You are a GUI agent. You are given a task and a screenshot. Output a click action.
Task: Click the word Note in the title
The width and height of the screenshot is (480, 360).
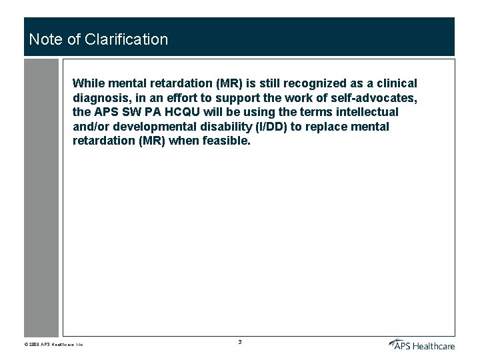[x=43, y=39]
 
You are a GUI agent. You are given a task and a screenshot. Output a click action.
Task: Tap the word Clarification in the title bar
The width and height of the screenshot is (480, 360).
[x=127, y=39]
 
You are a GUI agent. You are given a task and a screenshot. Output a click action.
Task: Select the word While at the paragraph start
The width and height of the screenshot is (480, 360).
[x=89, y=83]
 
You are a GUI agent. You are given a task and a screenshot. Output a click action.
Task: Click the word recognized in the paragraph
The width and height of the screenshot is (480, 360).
[x=313, y=83]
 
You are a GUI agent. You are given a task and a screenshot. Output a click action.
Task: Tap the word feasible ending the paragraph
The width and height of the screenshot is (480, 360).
[x=228, y=141]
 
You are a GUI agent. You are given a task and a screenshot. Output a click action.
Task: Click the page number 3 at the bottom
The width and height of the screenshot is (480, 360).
[x=240, y=342]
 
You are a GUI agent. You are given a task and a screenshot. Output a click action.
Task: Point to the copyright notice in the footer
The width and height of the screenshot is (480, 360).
[x=53, y=345]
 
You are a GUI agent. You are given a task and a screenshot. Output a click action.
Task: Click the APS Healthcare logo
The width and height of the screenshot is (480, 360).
[x=422, y=344]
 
